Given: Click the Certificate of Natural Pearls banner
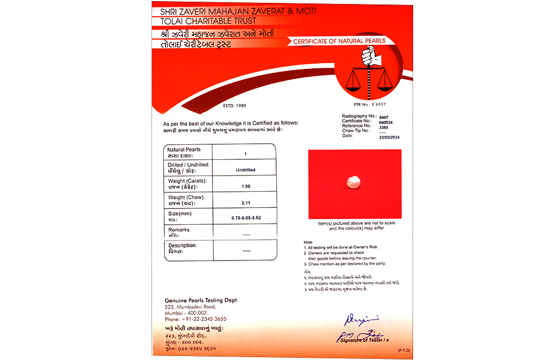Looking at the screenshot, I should [x=339, y=41].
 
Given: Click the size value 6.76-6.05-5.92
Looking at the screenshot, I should [x=246, y=217].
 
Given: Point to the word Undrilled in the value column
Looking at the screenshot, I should [x=246, y=169].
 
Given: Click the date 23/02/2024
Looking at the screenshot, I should [x=390, y=137].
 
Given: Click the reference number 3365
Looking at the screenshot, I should [x=383, y=126].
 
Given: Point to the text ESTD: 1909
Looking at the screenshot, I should [x=234, y=105].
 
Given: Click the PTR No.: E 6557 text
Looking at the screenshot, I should [x=369, y=105].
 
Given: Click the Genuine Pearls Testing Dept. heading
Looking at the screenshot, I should [x=201, y=300].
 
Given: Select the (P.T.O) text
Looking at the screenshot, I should [x=404, y=350].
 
